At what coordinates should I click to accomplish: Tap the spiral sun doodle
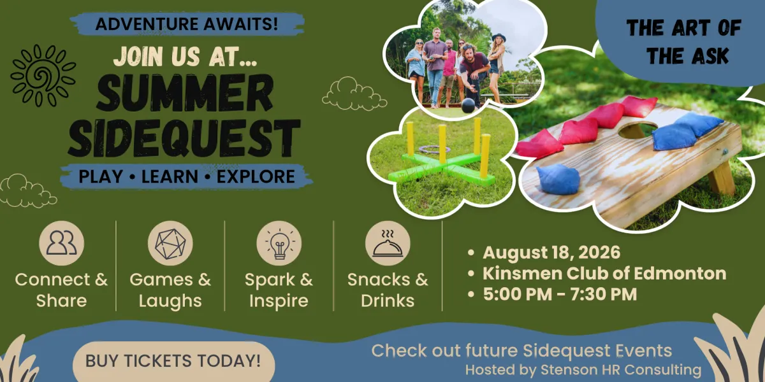click(43, 75)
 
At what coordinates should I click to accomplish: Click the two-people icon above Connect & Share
click(61, 243)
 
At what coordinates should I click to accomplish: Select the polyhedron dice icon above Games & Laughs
click(170, 243)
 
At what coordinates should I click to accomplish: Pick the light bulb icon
click(279, 243)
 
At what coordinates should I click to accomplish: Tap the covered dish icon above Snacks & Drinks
click(388, 243)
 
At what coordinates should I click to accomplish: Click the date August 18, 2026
click(551, 253)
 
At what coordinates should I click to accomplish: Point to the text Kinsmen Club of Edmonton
click(604, 274)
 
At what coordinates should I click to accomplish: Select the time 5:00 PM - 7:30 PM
click(560, 294)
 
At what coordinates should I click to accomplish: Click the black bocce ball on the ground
click(468, 106)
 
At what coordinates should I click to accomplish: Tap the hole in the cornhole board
click(637, 131)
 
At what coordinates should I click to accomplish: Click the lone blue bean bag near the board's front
click(558, 179)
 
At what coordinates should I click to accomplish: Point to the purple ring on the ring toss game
click(434, 149)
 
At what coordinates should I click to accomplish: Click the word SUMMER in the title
click(185, 93)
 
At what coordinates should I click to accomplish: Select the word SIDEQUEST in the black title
click(184, 138)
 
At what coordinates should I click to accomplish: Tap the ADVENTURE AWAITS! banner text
click(186, 24)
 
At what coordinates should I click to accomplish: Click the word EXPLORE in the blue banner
click(256, 176)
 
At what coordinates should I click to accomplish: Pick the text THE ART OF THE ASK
click(685, 41)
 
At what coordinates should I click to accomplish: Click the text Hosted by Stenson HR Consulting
click(583, 370)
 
